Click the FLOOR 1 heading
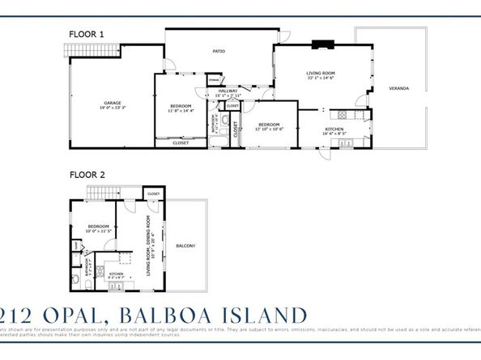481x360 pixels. (87, 34)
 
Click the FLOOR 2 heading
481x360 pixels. (87, 173)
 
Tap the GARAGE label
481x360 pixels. (112, 103)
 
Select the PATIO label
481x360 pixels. (219, 51)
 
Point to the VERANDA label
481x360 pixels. (398, 87)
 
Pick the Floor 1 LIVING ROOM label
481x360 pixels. (321, 73)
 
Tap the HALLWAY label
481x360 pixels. (228, 91)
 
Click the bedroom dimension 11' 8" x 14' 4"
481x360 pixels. (181, 111)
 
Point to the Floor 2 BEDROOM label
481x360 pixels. (99, 226)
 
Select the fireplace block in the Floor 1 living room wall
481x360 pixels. (323, 44)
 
